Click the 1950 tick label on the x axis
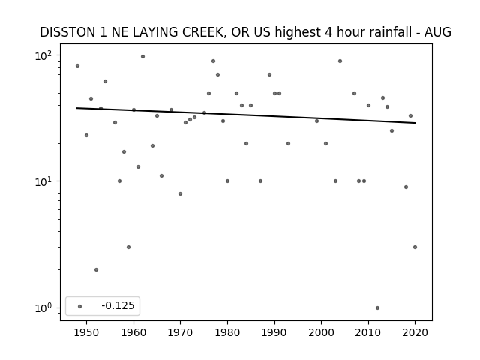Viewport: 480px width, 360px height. [87, 333]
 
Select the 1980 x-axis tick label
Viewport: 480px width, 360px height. [227, 333]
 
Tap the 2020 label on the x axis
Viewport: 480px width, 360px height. [415, 333]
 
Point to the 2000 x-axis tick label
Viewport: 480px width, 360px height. [322, 333]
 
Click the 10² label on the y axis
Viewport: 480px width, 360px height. [43, 56]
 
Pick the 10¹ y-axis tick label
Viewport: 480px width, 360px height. [43, 182]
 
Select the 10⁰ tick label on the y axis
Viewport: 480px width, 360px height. [43, 308]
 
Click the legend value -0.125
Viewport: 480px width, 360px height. [118, 305]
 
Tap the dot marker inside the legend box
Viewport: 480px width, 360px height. [80, 306]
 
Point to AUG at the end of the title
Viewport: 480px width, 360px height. [438, 32]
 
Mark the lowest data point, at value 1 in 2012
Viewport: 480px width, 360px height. [377, 308]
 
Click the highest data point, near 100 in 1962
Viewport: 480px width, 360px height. [142, 57]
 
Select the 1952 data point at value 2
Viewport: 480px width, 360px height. [96, 270]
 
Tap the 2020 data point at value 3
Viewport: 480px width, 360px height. [415, 247]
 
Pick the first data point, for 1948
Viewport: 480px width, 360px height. [77, 65]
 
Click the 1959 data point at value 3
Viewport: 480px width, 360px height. [128, 247]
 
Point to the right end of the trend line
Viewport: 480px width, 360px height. [415, 123]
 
